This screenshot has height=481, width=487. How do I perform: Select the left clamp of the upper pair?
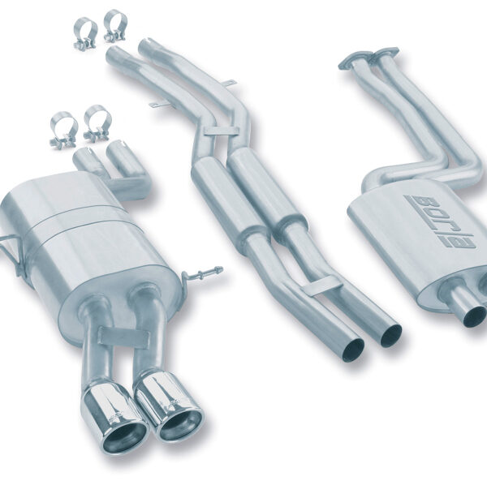pyautogui.click(x=85, y=33)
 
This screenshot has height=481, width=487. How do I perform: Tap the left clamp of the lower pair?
pyautogui.click(x=63, y=130)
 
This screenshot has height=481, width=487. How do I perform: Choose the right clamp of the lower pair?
pyautogui.click(x=97, y=122)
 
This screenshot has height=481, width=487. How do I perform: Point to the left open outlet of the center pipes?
pyautogui.click(x=353, y=350)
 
